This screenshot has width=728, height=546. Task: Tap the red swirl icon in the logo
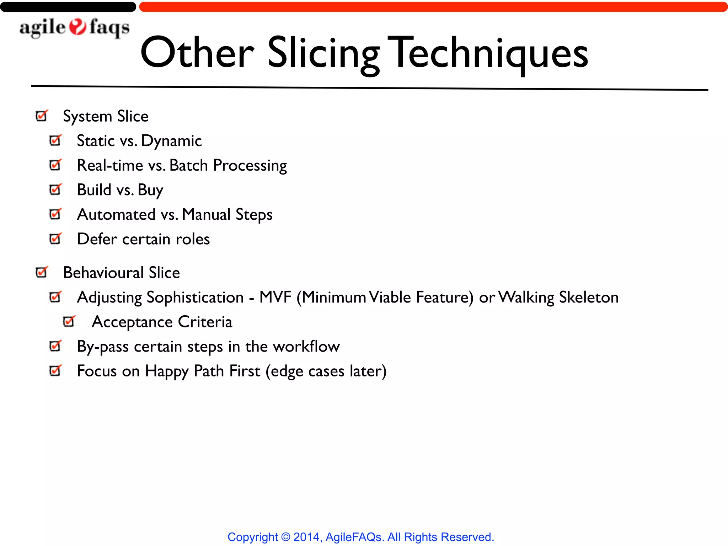point(77,27)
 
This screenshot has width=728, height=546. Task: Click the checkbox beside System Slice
point(42,116)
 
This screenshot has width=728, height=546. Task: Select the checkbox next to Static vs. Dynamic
point(55,140)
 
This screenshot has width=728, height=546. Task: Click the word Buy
point(150,190)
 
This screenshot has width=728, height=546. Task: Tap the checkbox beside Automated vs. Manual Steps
point(55,214)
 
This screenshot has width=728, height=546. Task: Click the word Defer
point(97,239)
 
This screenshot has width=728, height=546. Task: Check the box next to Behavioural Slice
point(42,273)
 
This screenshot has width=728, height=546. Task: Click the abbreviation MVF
point(275,297)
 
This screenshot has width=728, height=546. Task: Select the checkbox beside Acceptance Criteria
point(69,322)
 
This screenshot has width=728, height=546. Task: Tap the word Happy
point(167,371)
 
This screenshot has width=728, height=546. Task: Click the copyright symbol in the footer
point(285,537)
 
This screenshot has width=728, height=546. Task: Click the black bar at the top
point(68,7)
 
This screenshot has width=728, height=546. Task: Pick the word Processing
point(250,166)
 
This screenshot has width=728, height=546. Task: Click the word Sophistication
point(195,297)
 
